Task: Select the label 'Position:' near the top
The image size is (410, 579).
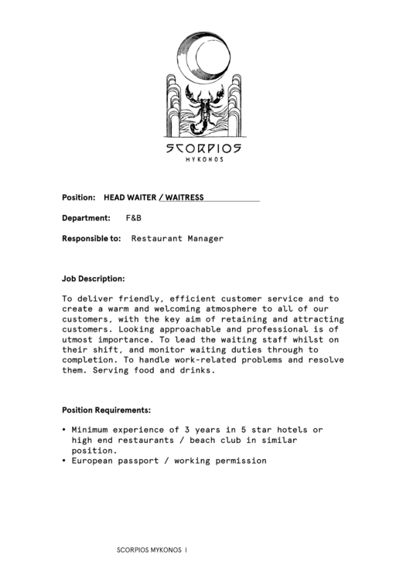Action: pos(78,198)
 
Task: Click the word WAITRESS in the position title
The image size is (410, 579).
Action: pos(184,198)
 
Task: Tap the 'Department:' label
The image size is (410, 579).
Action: pos(86,219)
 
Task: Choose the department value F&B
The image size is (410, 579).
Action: pos(134,219)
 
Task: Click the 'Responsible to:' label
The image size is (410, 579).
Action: pos(91,239)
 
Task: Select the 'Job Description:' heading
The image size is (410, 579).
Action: pos(94,278)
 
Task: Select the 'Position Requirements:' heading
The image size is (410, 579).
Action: pos(106,410)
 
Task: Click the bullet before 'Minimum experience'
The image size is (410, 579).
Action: pos(63,430)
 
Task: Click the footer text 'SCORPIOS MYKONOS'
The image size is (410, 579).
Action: pos(149,550)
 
